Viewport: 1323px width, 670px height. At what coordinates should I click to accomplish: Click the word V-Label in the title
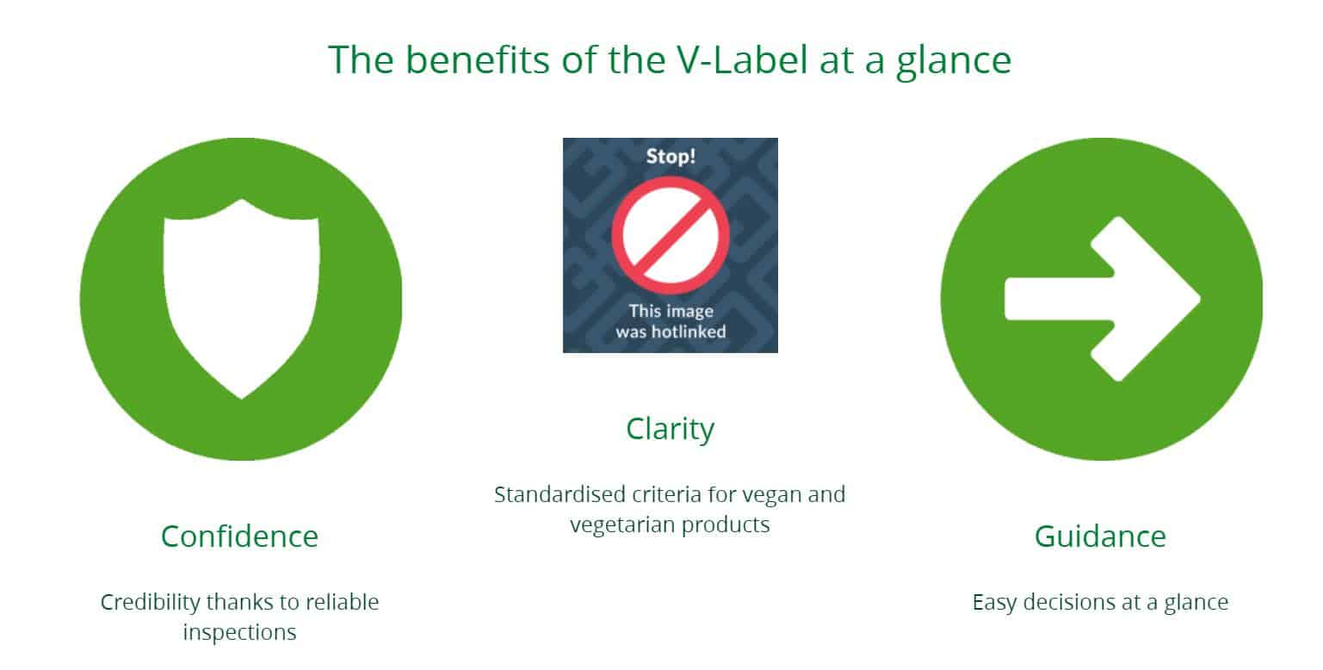(742, 59)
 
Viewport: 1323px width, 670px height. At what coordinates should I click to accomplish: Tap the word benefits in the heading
(478, 59)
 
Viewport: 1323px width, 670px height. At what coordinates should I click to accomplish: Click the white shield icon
(242, 298)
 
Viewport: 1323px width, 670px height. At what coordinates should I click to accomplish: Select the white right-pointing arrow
(1103, 298)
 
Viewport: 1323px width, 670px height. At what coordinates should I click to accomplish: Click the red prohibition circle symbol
(671, 236)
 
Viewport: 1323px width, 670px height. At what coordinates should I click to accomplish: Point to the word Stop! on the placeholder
(671, 156)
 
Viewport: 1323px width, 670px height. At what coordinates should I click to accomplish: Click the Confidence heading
(240, 536)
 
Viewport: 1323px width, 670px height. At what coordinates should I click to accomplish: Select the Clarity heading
(670, 429)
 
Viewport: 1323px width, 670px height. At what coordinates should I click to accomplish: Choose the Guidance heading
(1100, 536)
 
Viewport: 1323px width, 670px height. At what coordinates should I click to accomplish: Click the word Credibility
(151, 603)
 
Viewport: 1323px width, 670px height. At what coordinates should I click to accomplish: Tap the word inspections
(240, 632)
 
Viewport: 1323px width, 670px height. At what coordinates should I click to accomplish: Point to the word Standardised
(559, 494)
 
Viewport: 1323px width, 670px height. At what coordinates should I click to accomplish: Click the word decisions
(1068, 602)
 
